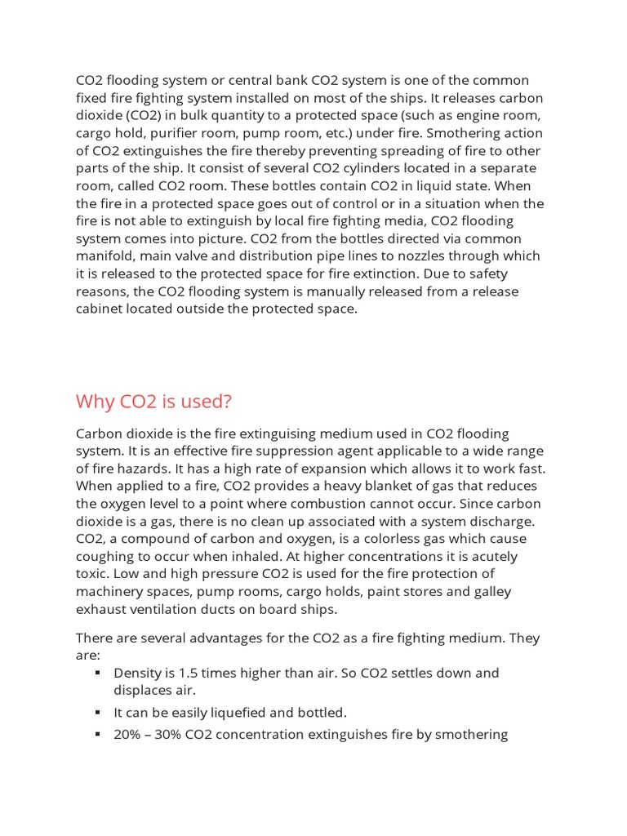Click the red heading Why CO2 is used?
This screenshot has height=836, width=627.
click(x=153, y=402)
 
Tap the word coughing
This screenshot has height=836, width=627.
click(x=106, y=557)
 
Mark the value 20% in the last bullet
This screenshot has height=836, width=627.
click(x=127, y=735)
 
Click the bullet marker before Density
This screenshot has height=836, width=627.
click(x=97, y=674)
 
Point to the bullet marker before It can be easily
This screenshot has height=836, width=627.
click(x=97, y=713)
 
